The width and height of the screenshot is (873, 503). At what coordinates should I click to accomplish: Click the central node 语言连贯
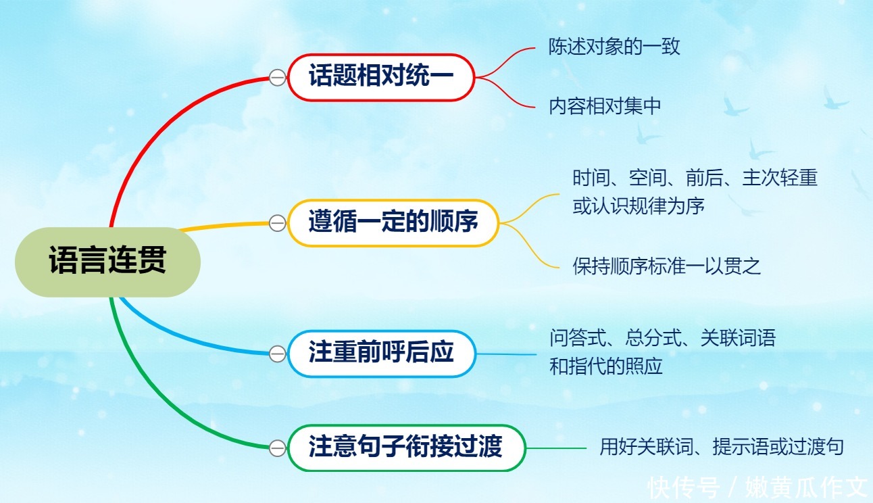point(107,262)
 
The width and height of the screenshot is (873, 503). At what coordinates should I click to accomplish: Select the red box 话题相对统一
point(381,77)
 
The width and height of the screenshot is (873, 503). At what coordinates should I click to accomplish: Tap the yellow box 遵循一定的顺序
point(393,222)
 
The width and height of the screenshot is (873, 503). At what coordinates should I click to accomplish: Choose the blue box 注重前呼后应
point(381,353)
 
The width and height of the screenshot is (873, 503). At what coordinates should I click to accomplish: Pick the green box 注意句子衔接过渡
point(405,447)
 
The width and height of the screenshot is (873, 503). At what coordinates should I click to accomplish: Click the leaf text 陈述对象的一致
point(614,47)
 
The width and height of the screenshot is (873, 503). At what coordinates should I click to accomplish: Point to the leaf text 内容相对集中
point(605,107)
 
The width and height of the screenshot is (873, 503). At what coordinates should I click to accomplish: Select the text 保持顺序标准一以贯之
point(667,266)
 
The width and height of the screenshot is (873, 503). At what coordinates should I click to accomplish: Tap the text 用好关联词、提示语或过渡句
point(722,447)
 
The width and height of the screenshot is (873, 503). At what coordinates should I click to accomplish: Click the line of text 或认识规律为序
point(639,206)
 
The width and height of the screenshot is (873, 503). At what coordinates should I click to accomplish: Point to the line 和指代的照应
point(605,366)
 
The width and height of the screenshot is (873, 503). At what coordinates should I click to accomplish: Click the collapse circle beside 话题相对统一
point(277,78)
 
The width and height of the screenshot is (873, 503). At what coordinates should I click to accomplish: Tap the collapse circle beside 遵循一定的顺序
point(277,223)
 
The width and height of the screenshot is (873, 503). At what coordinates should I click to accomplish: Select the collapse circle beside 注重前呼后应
point(277,354)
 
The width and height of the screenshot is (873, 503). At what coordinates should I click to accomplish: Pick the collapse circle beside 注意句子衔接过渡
point(277,448)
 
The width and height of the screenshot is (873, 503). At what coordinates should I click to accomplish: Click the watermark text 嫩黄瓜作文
point(806,487)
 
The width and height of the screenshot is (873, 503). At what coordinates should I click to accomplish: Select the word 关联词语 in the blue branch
point(737,338)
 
